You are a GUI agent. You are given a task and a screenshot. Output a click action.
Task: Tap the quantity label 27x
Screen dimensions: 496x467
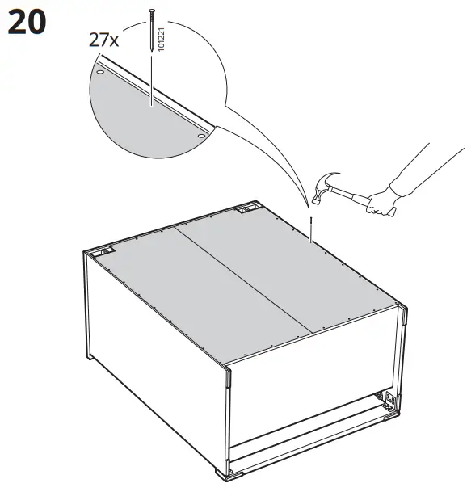click(103, 39)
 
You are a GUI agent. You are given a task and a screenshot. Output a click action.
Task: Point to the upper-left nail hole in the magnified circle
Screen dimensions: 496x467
click(99, 72)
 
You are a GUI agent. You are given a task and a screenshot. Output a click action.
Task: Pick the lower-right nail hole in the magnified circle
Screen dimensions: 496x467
click(200, 137)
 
